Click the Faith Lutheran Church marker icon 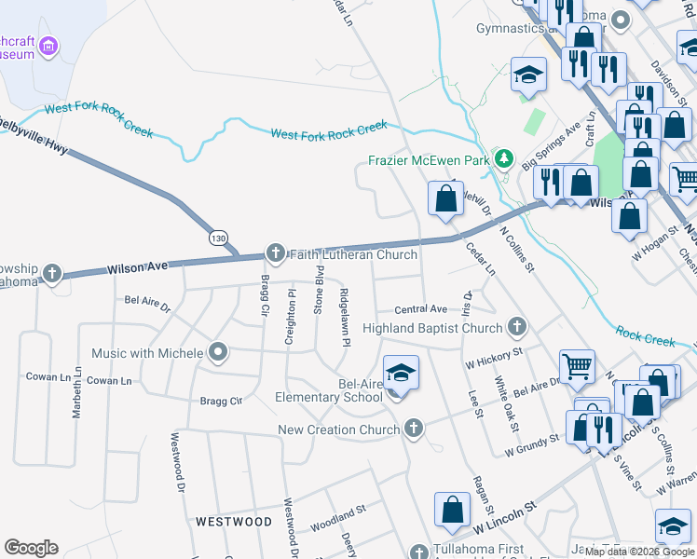275,252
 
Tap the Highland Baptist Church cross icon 517,327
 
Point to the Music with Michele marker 218,352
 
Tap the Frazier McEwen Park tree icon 504,159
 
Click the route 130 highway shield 218,239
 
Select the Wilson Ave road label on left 136,266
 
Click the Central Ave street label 420,309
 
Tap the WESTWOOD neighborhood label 234,522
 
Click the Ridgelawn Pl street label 345,318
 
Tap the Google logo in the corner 31,547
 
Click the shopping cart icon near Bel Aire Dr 577,366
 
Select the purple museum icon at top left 49,45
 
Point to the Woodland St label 338,519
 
